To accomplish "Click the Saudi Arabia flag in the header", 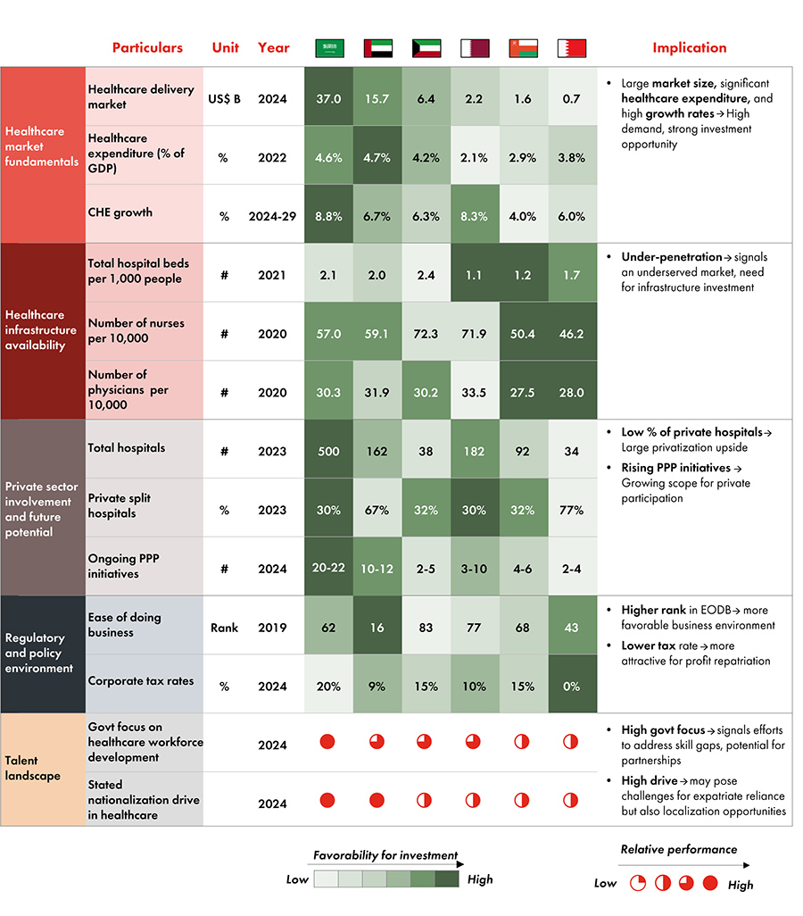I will point(328,48).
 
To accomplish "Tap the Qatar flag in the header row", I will point(474,48).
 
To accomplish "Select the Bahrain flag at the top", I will point(571,48).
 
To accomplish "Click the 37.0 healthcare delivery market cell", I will point(328,98).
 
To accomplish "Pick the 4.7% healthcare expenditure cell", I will point(377,157).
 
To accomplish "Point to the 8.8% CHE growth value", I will point(328,216).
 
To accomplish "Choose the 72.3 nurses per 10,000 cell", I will point(426,333).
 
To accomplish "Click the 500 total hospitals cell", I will point(328,451).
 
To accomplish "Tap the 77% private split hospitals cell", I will point(571,510).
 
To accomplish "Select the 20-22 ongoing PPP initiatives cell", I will point(328,568).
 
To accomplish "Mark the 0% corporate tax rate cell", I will point(571,686).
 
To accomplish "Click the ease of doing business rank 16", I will point(377,627).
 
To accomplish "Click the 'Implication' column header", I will point(689,48).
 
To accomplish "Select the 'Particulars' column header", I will point(147,48).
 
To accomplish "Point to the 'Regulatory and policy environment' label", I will point(36,654).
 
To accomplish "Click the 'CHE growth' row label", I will point(120,212).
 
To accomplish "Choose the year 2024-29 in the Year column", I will point(273,216).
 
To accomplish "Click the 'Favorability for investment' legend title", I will point(385,855).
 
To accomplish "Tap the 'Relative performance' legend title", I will point(678,849).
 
